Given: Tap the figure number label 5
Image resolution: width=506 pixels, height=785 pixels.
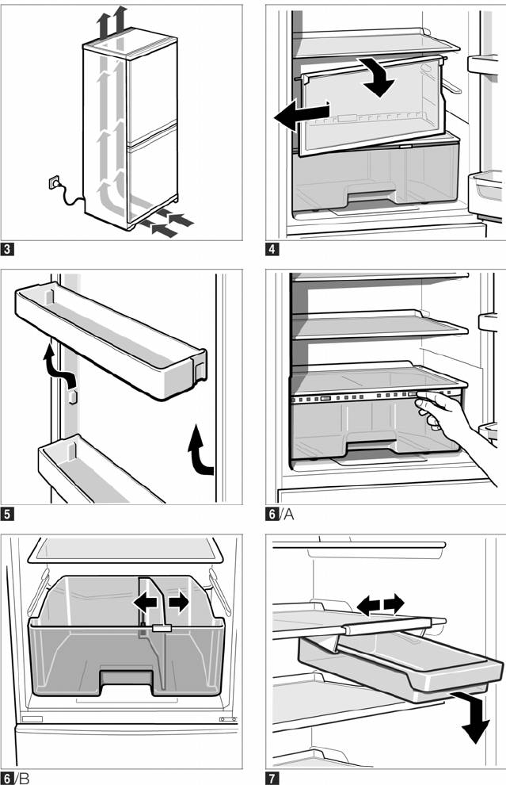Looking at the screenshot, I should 8,515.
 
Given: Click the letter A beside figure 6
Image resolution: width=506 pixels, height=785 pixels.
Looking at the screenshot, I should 289,515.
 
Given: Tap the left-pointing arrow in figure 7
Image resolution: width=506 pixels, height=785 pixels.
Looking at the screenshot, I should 367,606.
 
